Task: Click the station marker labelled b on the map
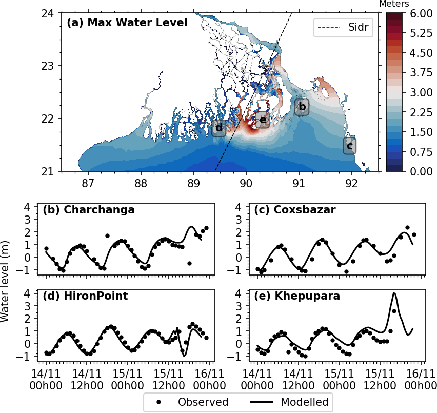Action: coord(302,107)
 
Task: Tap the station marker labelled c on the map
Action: coord(350,146)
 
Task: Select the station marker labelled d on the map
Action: coord(219,128)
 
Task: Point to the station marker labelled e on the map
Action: coord(263,120)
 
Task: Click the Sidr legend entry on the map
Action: coord(343,27)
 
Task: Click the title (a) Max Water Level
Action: coord(127,23)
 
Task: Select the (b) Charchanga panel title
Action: coord(89,210)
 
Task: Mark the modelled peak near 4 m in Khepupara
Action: coord(394,293)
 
